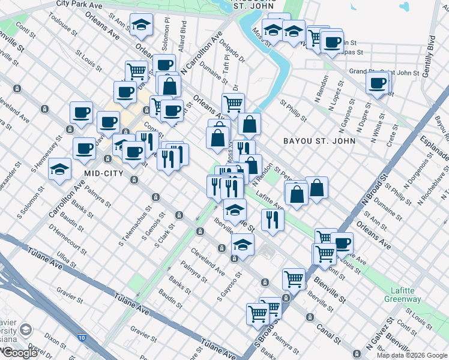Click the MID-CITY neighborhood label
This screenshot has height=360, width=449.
click(x=103, y=173)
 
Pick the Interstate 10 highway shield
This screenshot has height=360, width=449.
click(x=81, y=339)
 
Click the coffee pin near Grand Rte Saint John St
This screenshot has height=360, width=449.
click(x=378, y=83)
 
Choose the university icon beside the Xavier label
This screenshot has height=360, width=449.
click(x=26, y=329)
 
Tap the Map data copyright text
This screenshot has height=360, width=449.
click(x=411, y=355)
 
